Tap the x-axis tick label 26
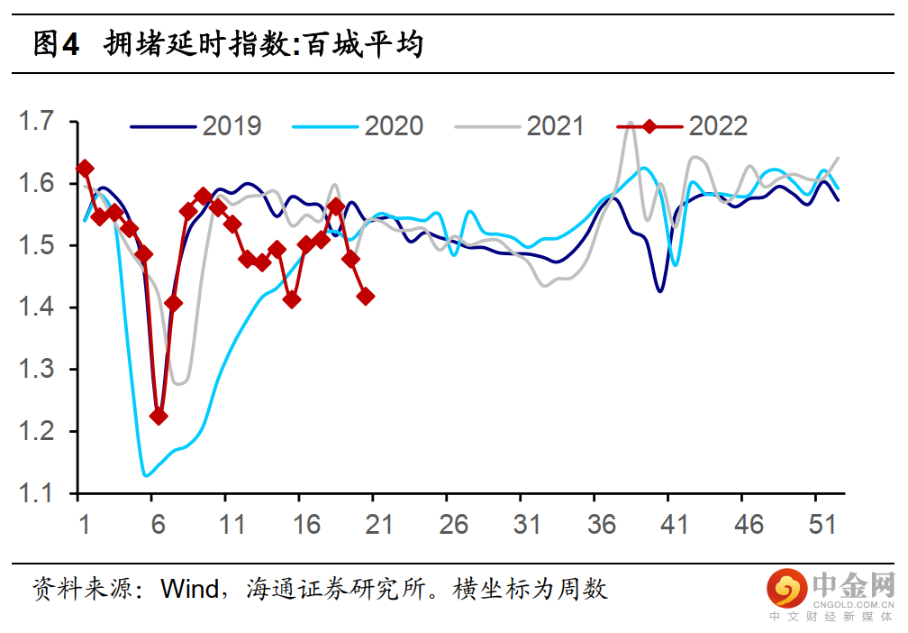pos(454,525)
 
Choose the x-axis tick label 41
pos(675,525)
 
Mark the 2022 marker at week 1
pos(85,168)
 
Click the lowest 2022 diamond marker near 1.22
pos(159,416)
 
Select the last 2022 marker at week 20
pos(366,296)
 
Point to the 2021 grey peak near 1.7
pos(630,124)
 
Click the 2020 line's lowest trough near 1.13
pos(145,475)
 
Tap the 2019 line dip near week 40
pos(660,291)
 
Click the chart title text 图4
pos(56,43)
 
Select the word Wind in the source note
pos(189,590)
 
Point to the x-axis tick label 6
pos(159,525)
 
